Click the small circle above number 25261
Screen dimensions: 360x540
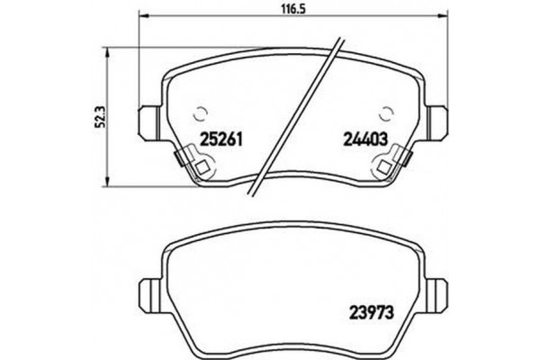(x=201, y=114)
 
